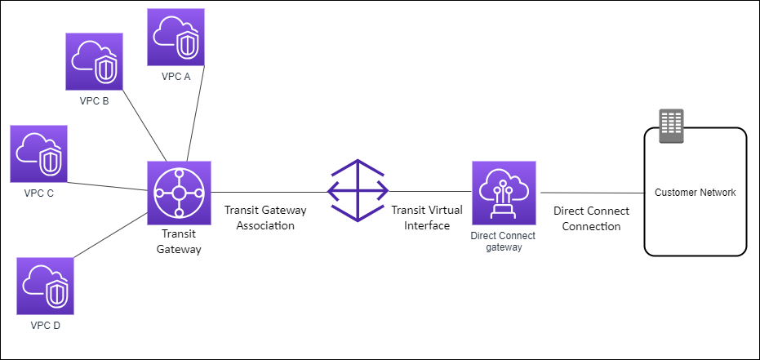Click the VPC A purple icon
[176, 37]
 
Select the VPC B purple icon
[95, 61]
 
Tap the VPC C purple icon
[39, 153]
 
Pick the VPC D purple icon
[46, 286]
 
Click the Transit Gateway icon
[179, 193]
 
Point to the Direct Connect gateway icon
[503, 193]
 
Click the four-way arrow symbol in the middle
[358, 191]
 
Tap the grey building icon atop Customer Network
[671, 126]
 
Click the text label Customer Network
[696, 193]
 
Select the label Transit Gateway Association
[260, 218]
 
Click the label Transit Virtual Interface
[427, 218]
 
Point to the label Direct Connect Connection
[591, 218]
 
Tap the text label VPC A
[176, 78]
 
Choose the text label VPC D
[46, 326]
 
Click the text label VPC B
[95, 102]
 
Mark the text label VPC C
[39, 193]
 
